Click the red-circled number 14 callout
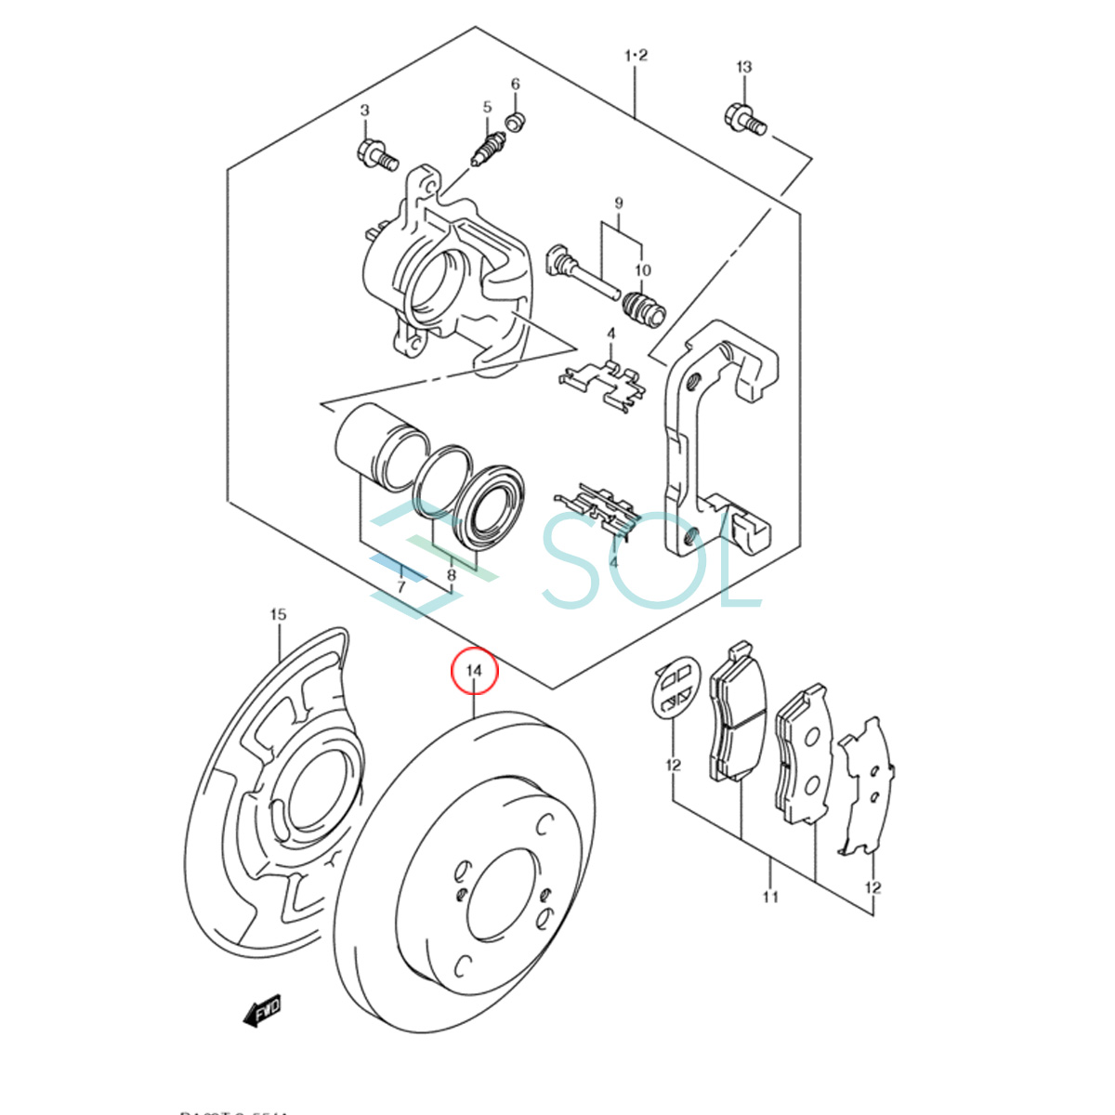tap(475, 671)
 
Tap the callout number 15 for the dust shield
tap(278, 614)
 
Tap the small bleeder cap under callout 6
tap(517, 121)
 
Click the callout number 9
tap(618, 203)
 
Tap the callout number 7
tap(400, 587)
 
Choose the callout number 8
tap(452, 576)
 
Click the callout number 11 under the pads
tap(770, 897)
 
